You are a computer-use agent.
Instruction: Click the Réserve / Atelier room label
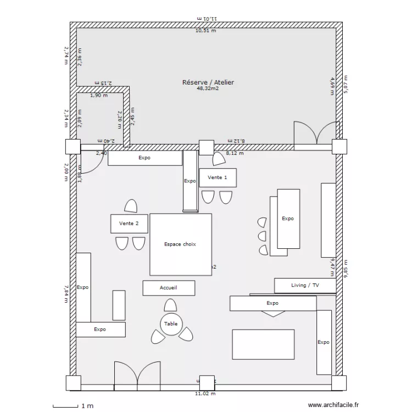[208, 82]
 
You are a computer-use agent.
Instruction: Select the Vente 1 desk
[218, 178]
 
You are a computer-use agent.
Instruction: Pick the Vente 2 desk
[129, 224]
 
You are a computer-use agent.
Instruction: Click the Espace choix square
[180, 244]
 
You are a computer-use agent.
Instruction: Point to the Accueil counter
[168, 288]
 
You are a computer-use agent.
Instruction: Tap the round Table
[170, 324]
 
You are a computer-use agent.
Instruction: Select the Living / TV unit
[304, 286]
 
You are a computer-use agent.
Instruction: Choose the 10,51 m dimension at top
[205, 31]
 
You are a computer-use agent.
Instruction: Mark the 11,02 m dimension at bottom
[205, 393]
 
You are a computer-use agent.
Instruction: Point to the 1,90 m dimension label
[98, 95]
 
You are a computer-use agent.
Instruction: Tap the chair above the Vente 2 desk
[131, 206]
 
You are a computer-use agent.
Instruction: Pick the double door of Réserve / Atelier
[316, 135]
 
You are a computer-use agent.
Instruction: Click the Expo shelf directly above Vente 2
[144, 158]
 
